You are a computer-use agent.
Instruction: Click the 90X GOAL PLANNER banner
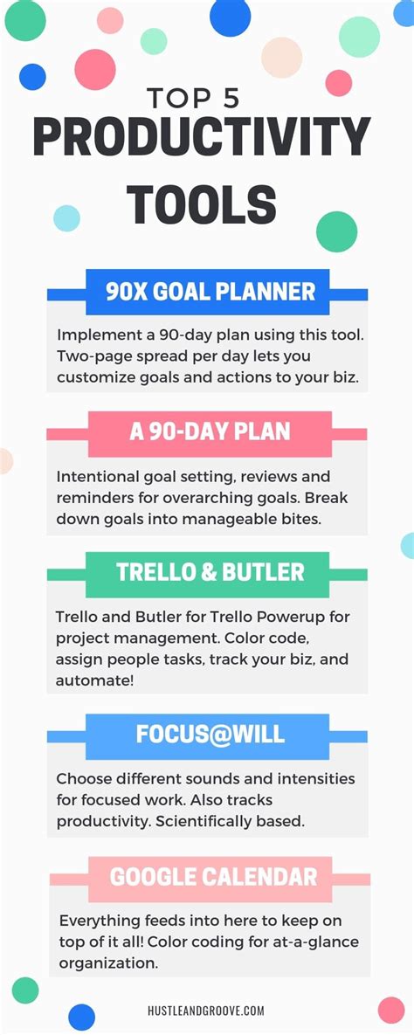tap(207, 291)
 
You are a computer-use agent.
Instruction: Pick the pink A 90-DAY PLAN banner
tap(209, 432)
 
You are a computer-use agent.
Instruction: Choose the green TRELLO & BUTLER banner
tap(210, 573)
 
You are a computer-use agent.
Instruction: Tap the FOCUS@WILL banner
tap(210, 734)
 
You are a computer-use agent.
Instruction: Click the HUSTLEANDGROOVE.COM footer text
tap(207, 1011)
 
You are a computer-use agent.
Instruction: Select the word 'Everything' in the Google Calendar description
tap(100, 921)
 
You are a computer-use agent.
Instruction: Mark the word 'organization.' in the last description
tap(108, 963)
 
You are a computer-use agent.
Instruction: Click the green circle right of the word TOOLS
tap(336, 231)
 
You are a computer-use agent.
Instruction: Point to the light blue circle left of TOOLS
tap(67, 217)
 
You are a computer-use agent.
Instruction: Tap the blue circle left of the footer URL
tap(81, 1017)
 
